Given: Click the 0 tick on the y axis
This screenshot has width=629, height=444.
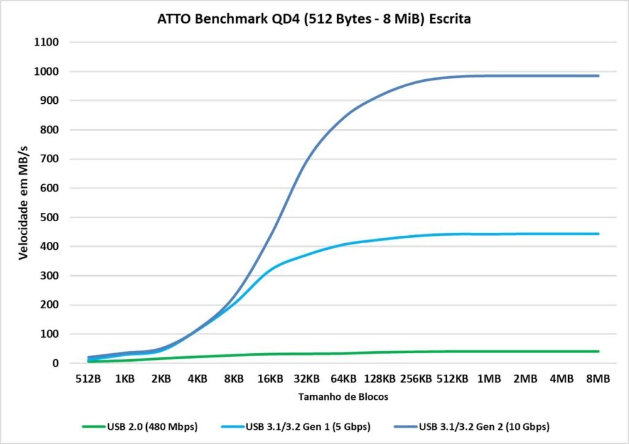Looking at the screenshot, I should pos(56,364).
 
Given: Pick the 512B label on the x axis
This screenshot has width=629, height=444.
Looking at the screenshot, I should pos(88,379).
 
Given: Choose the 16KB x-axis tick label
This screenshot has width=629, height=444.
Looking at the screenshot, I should pos(270,379).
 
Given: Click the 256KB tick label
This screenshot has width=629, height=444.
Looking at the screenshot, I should pos(416,379).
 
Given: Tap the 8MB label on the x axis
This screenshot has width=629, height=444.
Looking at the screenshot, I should pos(598,379).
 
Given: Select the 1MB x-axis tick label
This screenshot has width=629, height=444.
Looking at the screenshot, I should pos(489,379).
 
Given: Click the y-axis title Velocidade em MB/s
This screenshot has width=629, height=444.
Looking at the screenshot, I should pos(23,203).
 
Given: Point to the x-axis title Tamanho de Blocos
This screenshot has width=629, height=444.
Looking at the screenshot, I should pos(343,397).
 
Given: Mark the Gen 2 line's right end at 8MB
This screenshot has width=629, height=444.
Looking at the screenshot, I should pos(598,76).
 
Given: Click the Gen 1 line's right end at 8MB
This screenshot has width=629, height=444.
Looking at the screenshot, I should pos(598,234).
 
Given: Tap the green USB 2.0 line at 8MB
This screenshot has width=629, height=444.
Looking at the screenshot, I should pos(598,351).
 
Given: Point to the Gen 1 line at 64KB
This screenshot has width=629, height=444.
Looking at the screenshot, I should pos(343,244).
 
